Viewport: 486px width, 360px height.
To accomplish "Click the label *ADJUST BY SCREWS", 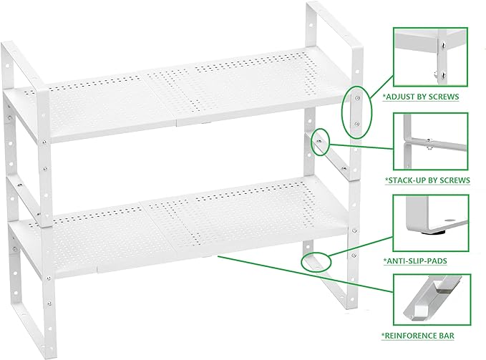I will coord(420,95).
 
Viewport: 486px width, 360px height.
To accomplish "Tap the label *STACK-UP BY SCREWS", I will coord(427,179).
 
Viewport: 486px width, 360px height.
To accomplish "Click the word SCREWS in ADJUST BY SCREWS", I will coord(443,95).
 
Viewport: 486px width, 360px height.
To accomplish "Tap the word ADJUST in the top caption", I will coord(398,95).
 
